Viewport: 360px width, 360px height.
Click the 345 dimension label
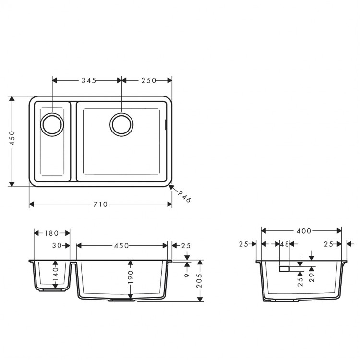(x=87, y=81)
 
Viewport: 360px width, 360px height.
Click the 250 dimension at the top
(x=149, y=81)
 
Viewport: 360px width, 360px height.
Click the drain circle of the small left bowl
(x=51, y=124)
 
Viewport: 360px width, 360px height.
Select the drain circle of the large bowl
(x=120, y=124)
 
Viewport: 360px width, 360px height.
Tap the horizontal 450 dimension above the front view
(x=121, y=246)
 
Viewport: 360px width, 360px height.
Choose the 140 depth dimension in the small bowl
(x=56, y=275)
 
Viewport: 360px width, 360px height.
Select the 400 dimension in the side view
(x=301, y=231)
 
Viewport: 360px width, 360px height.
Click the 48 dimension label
(x=284, y=244)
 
